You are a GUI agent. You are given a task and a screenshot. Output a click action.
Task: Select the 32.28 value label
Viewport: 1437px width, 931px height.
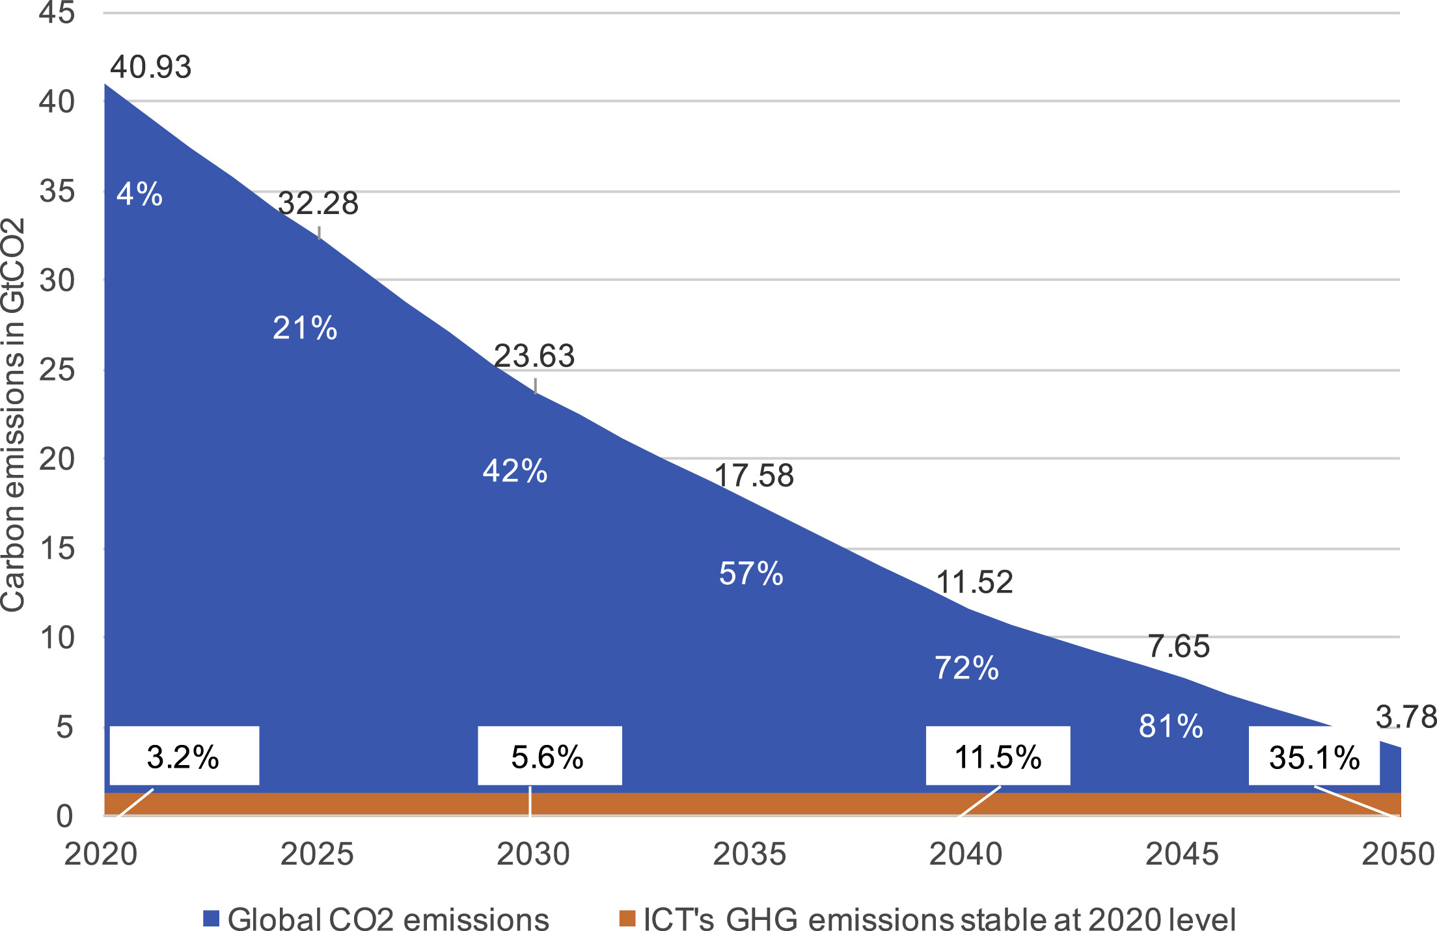pos(318,204)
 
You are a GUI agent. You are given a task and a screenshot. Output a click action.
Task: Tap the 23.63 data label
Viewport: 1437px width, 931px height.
pos(534,356)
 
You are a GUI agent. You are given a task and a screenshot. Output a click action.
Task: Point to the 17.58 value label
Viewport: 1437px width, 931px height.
pos(754,476)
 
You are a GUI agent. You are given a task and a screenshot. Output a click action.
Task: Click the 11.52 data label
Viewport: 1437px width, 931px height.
pos(974,582)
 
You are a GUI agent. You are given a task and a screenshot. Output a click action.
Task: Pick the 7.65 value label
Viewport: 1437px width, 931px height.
pos(1179,647)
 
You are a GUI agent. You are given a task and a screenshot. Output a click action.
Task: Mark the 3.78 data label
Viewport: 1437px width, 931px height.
pos(1406,718)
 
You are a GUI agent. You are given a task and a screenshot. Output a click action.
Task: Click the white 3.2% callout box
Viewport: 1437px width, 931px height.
pos(184,755)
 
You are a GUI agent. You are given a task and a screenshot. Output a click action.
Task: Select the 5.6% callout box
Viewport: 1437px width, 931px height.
pos(550,755)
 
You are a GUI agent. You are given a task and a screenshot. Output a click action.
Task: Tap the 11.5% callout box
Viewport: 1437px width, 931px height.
pos(998,755)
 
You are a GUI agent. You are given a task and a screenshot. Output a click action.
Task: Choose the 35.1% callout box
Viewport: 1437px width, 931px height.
pos(1314,755)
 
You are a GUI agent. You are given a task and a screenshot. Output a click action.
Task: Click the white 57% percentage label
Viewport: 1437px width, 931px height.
pos(751,574)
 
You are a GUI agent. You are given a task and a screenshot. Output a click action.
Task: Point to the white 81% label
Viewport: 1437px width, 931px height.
pos(1171,726)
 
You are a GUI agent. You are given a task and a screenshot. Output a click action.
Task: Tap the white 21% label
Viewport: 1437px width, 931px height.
pos(305,328)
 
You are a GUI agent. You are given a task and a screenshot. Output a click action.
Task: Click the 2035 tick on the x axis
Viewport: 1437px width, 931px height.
pos(750,854)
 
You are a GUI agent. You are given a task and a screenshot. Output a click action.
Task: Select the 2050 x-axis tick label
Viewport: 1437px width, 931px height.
pos(1399,854)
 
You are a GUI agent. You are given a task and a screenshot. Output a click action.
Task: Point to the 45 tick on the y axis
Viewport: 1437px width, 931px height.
pos(57,12)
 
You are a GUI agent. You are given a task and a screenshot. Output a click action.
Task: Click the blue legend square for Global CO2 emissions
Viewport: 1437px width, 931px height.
pos(211,918)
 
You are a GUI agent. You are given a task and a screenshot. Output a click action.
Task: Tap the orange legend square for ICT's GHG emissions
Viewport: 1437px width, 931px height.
pos(627,918)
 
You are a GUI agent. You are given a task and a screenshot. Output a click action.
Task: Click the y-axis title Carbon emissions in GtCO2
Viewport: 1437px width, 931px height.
pos(13,415)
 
